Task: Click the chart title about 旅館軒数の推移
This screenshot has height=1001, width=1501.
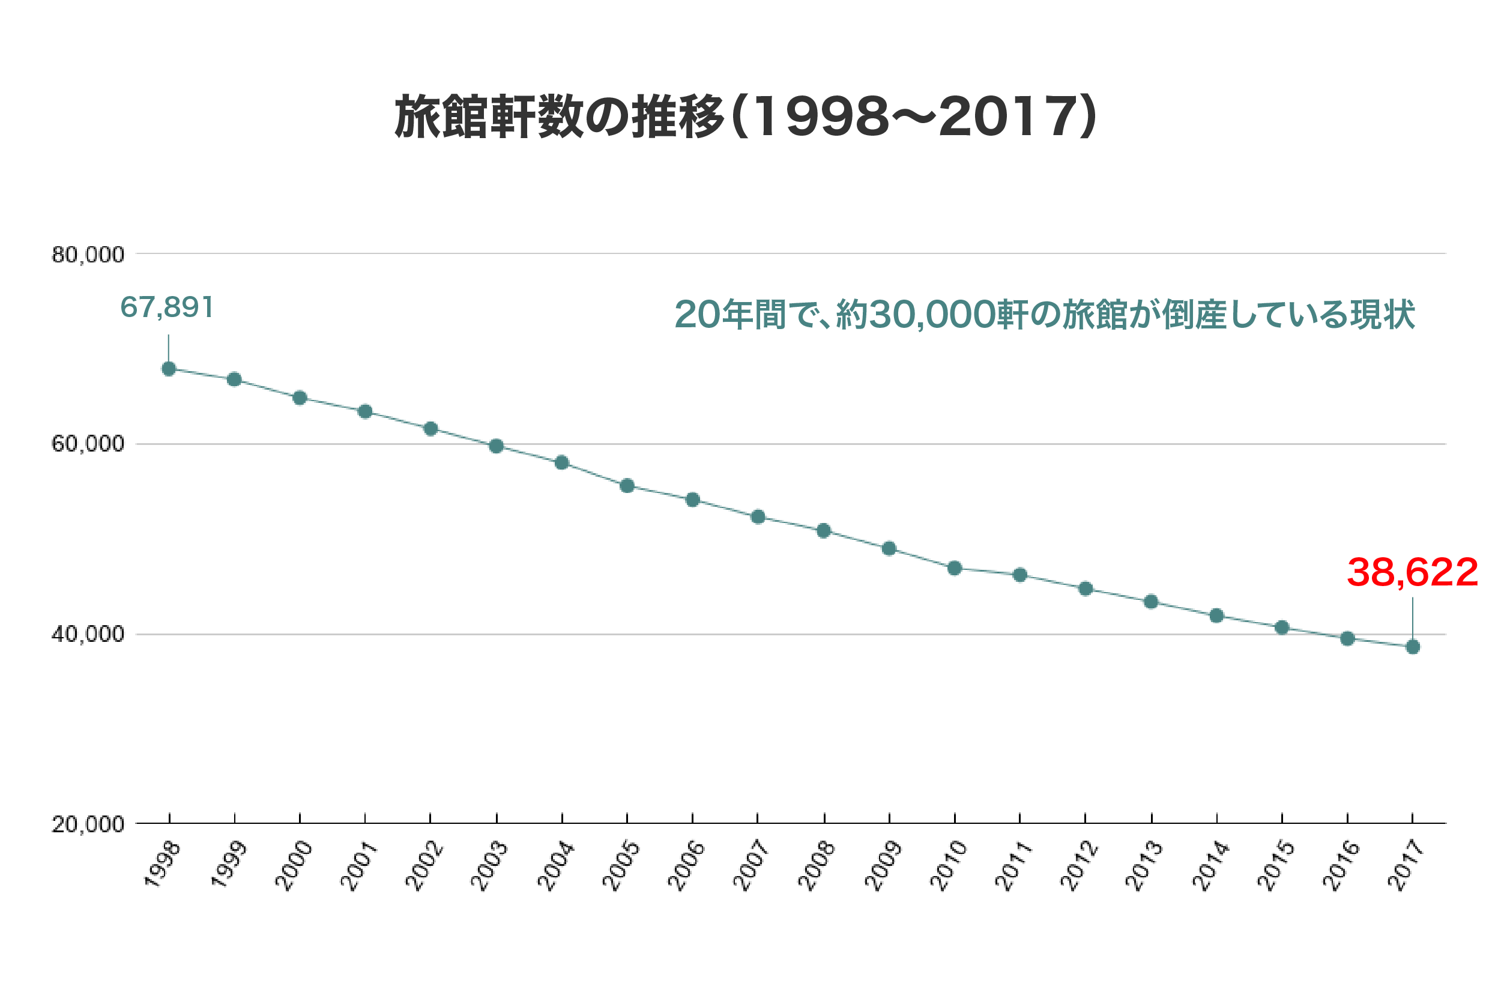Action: point(745,117)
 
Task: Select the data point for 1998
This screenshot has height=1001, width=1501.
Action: point(169,369)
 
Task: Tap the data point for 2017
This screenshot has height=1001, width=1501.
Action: point(1413,647)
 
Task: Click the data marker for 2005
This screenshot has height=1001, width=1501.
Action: point(627,486)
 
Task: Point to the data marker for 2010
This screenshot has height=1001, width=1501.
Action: point(955,568)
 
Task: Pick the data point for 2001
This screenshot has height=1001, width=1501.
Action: point(365,412)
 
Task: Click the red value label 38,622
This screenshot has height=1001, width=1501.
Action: point(1412,573)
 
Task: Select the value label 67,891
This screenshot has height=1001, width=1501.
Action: point(166,307)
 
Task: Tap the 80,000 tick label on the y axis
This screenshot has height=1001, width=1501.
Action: point(88,255)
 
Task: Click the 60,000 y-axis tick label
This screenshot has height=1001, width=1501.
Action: point(88,444)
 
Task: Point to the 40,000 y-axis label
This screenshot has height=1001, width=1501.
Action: point(88,635)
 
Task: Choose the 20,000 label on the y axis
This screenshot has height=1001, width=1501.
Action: point(88,825)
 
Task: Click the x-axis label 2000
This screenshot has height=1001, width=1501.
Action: point(294,866)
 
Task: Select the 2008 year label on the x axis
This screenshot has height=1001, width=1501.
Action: point(817,866)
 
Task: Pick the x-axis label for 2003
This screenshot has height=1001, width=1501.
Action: point(489,866)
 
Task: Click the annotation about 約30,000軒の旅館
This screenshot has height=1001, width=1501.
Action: point(1045,315)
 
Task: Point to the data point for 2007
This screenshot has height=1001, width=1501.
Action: point(758,517)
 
